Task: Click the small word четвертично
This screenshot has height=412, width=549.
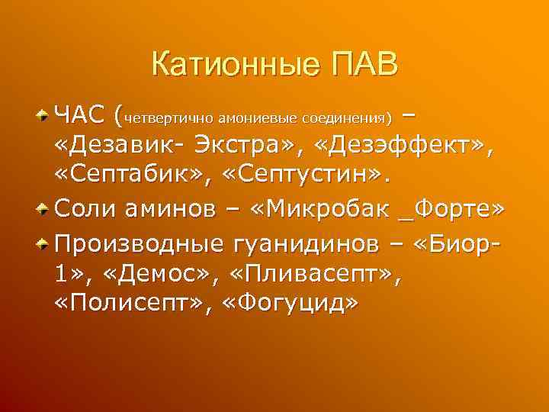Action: (x=169, y=118)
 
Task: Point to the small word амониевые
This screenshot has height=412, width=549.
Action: (x=257, y=118)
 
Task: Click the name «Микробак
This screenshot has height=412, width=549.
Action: (x=329, y=207)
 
